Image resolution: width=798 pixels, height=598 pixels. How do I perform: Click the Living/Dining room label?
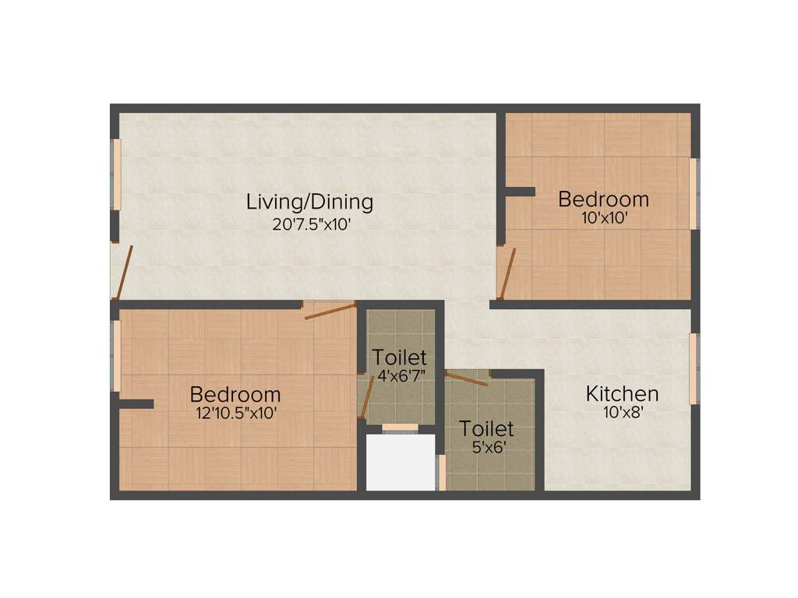310,202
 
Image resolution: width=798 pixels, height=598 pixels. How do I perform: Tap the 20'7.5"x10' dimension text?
310,224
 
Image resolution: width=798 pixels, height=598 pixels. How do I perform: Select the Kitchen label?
622,394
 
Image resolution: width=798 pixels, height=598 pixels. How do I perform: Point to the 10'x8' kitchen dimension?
622,413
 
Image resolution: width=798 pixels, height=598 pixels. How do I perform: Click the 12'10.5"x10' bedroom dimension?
235,413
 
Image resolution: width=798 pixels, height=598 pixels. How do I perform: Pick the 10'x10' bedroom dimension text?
603,219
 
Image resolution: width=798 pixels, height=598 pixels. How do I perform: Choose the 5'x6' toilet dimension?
486,448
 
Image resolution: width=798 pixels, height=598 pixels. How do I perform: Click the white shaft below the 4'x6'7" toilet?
401,463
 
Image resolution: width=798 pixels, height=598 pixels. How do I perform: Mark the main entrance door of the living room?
123,273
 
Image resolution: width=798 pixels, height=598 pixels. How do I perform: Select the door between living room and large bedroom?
330,311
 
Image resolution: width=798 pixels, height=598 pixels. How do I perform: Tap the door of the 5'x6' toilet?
467,379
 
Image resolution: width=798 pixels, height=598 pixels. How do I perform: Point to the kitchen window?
693,369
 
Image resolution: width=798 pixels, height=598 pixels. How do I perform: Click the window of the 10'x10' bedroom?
693,194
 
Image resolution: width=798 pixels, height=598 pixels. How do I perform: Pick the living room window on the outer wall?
117,174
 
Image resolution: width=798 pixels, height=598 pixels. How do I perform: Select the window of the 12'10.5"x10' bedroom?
116,355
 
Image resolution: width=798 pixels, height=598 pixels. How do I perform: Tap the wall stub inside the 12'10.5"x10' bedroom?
136,403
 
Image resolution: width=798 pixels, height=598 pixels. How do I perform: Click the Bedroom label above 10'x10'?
603,199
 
